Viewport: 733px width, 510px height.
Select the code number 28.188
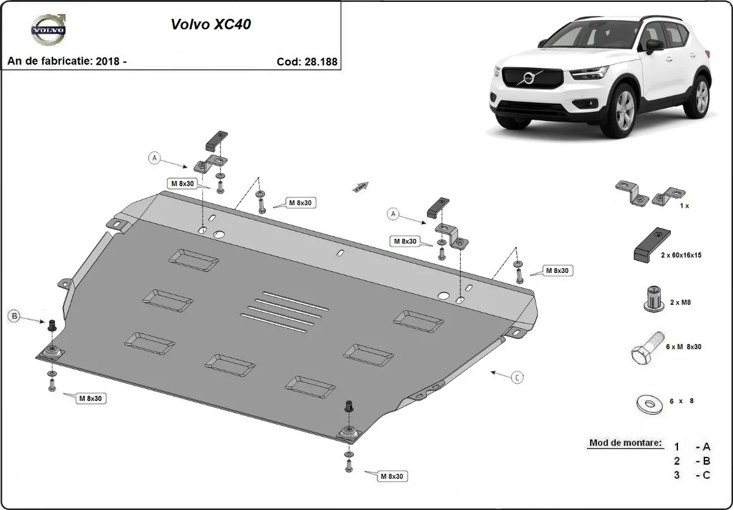tap(316, 62)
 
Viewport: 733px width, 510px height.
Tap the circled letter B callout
tap(13, 316)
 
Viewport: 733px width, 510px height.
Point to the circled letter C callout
tap(517, 377)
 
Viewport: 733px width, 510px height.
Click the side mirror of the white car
tap(654, 45)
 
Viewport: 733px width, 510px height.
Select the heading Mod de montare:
tap(625, 443)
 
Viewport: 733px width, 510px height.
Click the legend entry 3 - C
tap(692, 475)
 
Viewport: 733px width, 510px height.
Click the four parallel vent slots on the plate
tap(283, 311)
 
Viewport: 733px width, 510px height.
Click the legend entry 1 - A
tap(692, 446)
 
